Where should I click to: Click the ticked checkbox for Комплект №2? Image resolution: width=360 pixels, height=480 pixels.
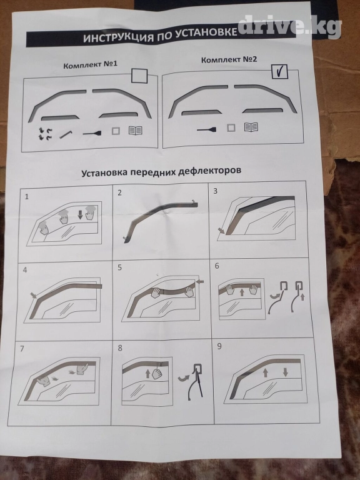[279, 71]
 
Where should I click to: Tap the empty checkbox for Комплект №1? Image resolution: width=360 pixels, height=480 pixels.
[139, 75]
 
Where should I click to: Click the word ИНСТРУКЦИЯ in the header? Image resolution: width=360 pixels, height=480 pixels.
[118, 37]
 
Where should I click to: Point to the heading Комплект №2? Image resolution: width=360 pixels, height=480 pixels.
[229, 59]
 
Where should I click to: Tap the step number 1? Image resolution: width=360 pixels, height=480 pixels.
[27, 196]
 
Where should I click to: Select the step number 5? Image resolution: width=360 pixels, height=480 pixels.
[120, 267]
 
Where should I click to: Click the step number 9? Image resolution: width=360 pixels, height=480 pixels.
[219, 346]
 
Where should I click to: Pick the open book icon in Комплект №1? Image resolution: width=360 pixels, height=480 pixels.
[136, 131]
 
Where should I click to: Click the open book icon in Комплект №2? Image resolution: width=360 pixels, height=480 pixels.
[251, 127]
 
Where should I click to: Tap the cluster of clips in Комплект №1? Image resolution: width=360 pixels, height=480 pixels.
[45, 134]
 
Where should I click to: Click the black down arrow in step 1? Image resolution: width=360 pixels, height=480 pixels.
[80, 216]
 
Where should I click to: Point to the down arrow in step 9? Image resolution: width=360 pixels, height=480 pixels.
[285, 372]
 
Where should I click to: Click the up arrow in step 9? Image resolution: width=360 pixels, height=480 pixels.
[266, 372]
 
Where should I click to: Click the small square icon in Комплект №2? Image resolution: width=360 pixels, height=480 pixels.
[231, 127]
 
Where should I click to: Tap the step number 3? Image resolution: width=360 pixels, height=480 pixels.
[216, 191]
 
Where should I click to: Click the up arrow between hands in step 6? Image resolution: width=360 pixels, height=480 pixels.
[242, 292]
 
